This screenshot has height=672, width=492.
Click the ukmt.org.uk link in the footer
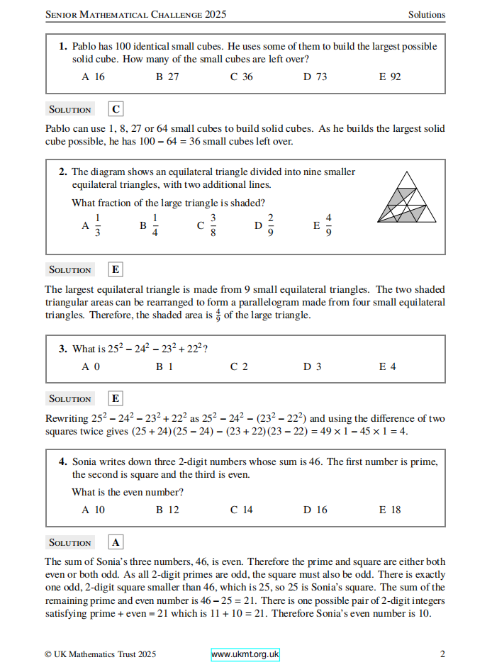point(245,654)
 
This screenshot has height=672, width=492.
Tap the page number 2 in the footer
point(442,654)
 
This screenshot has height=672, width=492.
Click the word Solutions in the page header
point(426,14)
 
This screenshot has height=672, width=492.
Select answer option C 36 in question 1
point(241,77)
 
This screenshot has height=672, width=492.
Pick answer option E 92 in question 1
point(390,77)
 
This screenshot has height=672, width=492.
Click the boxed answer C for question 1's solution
point(116,109)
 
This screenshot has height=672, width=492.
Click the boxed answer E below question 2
point(116,269)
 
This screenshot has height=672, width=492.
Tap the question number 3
point(63,348)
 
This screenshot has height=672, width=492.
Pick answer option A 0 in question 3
point(91,366)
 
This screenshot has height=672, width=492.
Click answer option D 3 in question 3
point(313,366)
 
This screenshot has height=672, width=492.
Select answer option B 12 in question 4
point(167,510)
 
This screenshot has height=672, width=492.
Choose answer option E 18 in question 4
point(390,510)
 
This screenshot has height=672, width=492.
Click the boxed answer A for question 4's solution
point(116,542)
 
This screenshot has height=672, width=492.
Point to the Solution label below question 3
point(69,399)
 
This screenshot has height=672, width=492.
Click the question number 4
point(63,461)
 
